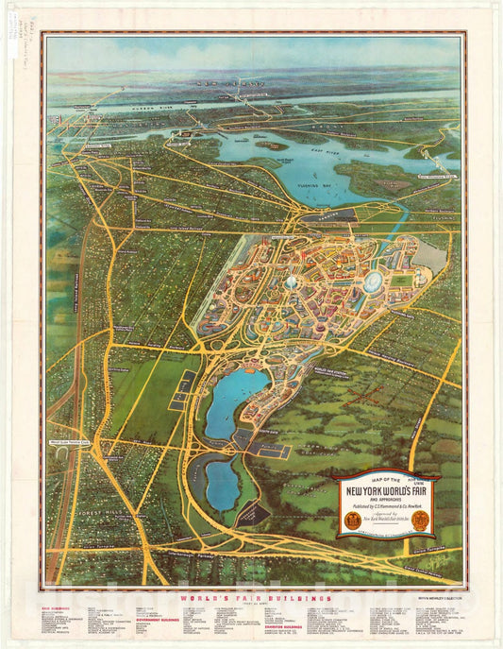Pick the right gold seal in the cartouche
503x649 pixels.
click(x=422, y=520)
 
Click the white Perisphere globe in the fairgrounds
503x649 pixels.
click(x=293, y=282)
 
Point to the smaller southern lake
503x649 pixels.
click(x=221, y=484)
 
